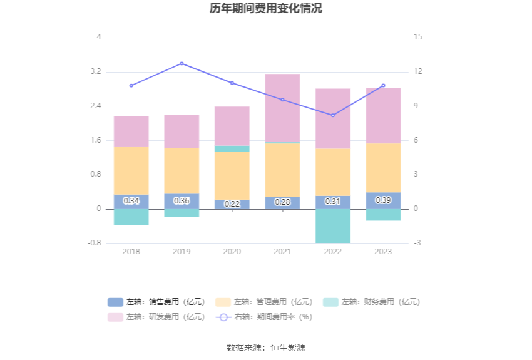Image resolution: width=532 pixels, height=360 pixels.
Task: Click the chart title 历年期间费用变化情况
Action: [266, 9]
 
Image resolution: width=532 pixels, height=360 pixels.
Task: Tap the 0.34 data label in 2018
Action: [131, 201]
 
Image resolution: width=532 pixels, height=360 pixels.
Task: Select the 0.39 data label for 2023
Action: [383, 200]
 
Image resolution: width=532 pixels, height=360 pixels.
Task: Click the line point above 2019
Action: [182, 63]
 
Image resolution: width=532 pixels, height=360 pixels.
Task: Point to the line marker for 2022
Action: [333, 115]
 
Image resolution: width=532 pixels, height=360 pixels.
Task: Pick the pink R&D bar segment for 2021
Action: [282, 108]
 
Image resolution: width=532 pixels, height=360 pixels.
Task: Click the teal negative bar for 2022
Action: [333, 225]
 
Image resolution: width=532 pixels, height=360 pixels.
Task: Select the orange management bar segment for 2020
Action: [232, 175]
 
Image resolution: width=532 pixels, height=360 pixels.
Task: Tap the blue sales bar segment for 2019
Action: [182, 202]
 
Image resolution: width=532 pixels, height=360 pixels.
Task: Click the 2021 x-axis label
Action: [282, 251]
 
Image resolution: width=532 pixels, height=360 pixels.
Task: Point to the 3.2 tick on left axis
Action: [95, 72]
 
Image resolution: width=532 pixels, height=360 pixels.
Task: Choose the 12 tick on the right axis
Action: [418, 72]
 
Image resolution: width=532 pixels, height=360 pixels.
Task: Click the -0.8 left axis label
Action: [93, 243]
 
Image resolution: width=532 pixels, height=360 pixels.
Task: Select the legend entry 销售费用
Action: [156, 302]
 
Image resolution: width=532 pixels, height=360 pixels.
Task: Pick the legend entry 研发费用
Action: [156, 317]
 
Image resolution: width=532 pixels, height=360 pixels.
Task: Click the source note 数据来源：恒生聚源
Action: [266, 347]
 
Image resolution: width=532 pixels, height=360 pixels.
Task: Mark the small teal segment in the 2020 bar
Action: [232, 148]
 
